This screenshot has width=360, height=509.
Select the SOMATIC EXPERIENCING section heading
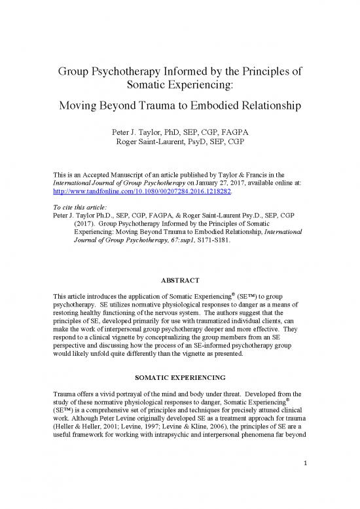pos(180,379)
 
